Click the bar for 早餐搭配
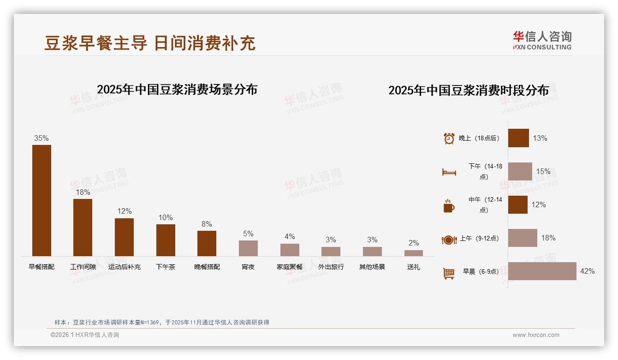42,200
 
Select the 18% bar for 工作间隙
83,227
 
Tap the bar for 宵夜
248,248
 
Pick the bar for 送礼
413,253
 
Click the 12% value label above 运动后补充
124,211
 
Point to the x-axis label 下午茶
166,267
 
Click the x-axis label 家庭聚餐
290,267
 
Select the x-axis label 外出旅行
331,267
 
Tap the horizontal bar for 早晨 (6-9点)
542,271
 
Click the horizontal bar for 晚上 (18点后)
518,138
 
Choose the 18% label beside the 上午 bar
548,238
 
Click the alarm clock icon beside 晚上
449,138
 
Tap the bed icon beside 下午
449,172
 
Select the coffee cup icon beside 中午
449,206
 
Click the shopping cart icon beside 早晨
449,273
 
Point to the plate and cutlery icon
449,240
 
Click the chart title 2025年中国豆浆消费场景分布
177,89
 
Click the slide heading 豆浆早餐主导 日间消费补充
150,43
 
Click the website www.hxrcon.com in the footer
536,335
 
